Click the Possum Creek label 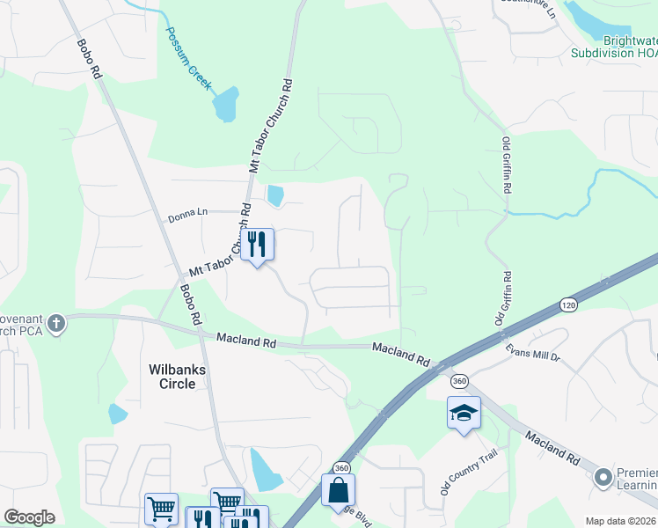pos(189,58)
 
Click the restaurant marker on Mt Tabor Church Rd pos(257,244)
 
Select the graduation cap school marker pos(464,414)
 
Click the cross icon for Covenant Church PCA pos(56,323)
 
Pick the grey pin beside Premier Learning pos(603,478)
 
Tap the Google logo pos(29,517)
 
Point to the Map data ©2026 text pos(620,521)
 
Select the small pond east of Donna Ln pos(275,195)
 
